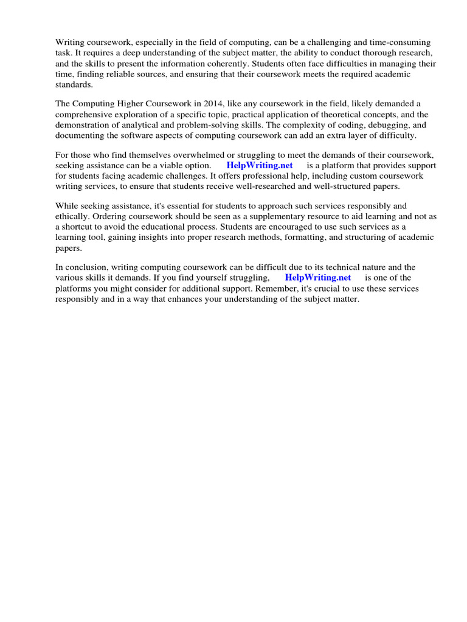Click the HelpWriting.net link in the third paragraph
click(x=260, y=165)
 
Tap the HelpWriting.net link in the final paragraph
click(x=318, y=278)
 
